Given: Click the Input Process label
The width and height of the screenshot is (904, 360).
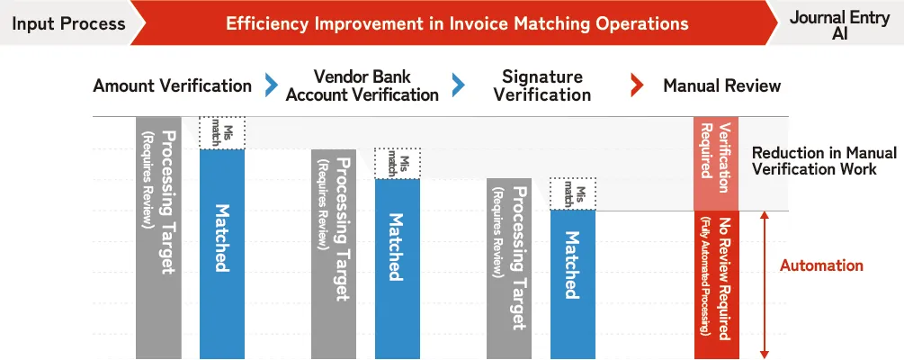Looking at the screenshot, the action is pos(68,23).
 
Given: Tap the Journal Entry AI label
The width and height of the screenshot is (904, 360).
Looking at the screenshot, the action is pos(839,25).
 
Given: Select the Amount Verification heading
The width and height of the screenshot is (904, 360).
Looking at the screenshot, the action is pos(173,86).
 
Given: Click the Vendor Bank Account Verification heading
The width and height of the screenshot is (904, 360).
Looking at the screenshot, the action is pos(362,85).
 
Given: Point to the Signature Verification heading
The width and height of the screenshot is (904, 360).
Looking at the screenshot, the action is pos(542,85).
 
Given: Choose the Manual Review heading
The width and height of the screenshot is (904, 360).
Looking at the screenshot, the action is pos(721,86).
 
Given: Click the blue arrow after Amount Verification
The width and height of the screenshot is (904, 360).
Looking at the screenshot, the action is pos(271,86).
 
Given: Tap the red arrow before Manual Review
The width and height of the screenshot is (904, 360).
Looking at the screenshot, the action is pos(637,86).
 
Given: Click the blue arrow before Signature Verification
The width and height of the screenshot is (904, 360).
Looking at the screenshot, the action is pos(459,86).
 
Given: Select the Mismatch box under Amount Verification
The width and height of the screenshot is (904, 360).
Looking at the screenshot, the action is pos(222,132).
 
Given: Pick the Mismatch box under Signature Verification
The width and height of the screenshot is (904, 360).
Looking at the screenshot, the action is pos(572,193).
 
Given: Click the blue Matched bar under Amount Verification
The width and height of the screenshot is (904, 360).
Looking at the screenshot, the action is pos(222,254).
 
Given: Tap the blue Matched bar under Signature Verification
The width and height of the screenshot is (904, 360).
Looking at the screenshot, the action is pos(572,284).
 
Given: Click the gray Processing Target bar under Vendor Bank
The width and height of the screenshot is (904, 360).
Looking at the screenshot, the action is pos(334,254).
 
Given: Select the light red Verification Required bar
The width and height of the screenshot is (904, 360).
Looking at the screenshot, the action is pos(716,164).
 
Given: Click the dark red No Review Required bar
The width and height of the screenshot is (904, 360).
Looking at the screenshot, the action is pos(716,285).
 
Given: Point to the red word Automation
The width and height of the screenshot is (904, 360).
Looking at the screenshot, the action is pos(821,265).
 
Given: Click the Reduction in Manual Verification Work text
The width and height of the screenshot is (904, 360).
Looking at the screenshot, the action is pos(825,161).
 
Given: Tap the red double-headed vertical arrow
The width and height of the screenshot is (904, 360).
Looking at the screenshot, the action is pos(765,285).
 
